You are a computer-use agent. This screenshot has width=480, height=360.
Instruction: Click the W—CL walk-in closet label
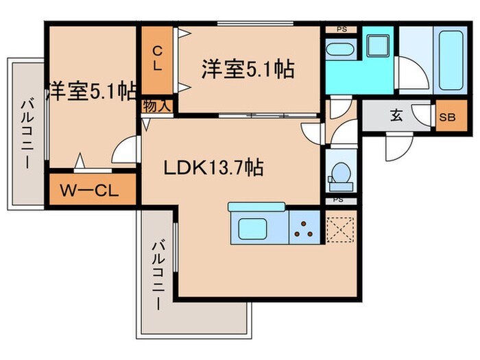click(x=92, y=190)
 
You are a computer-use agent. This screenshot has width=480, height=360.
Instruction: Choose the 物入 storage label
click(x=156, y=106)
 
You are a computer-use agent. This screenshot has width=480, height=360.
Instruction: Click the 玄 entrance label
click(x=397, y=115)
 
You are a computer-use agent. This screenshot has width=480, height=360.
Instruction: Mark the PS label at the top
click(x=341, y=29)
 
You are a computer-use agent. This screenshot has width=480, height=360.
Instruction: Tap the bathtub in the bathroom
click(x=451, y=63)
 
